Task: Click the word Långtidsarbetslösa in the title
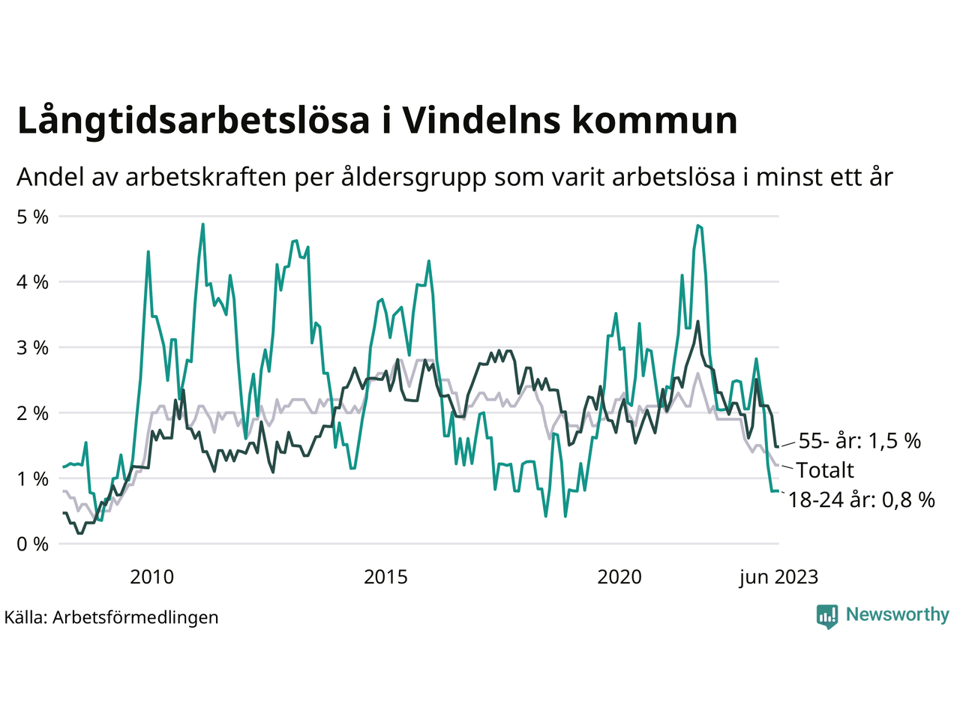193,121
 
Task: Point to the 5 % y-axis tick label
32,217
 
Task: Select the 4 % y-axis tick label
32,282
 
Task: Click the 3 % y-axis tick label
32,348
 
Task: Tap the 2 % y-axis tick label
32,413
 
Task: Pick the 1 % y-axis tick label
32,478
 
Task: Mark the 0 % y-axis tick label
32,544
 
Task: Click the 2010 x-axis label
151,577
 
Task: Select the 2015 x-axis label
385,577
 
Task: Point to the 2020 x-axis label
619,577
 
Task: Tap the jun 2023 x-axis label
778,577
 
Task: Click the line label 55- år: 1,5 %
859,441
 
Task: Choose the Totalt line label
825,470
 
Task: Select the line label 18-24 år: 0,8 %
861,499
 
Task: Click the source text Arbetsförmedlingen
136,617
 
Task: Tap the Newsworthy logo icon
827,616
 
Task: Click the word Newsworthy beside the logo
897,615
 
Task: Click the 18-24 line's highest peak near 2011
202,224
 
